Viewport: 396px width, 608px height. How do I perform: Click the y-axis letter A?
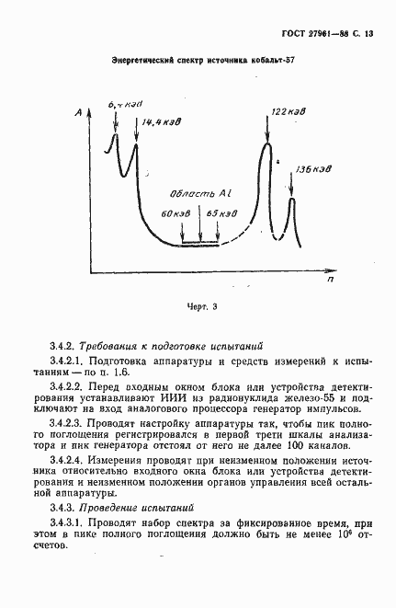[82, 112]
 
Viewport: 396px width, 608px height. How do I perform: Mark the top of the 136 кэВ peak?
[292, 200]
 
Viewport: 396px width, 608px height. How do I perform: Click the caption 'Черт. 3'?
[198, 306]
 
